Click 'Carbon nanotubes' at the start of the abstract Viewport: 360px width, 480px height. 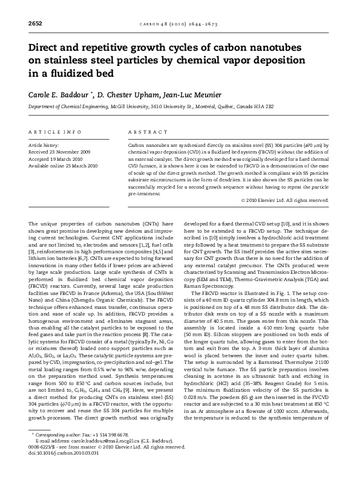pyautogui.click(x=149, y=146)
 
